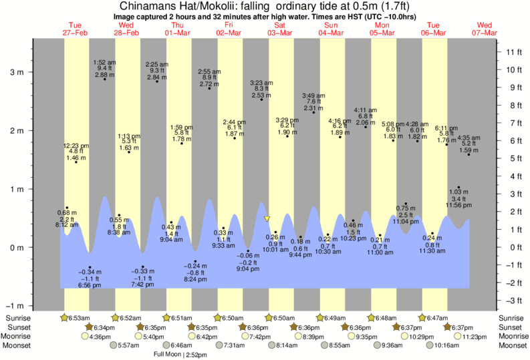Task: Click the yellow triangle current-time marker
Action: click(267, 218)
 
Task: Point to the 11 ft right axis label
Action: click(513, 52)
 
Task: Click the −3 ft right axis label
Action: click(513, 301)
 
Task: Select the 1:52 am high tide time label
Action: click(104, 61)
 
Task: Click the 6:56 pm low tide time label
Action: click(90, 285)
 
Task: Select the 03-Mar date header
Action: click(279, 32)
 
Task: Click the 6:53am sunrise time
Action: click(78, 318)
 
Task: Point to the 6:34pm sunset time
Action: click(102, 327)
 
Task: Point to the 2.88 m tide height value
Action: click(105, 75)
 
